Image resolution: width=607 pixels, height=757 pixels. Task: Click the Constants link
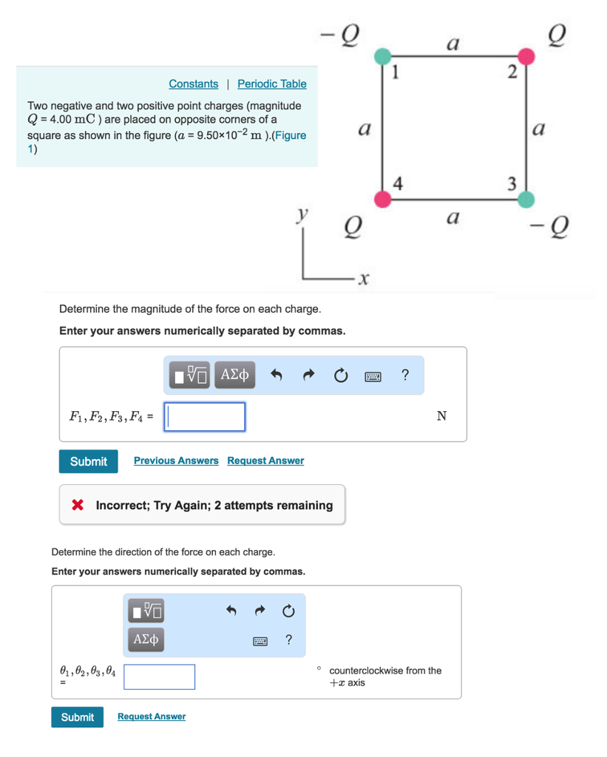point(193,84)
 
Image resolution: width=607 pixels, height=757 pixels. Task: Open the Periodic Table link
point(271,84)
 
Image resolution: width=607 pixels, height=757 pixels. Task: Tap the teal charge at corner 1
point(382,57)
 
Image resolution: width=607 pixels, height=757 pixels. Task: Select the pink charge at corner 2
point(526,57)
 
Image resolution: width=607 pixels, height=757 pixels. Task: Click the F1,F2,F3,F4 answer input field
point(205,417)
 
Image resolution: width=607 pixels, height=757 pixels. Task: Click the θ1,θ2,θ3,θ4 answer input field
point(160,676)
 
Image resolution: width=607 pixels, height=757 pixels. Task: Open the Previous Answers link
point(176,461)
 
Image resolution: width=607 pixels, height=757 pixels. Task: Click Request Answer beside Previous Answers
point(265,461)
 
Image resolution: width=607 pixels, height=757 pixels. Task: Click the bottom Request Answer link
point(152,716)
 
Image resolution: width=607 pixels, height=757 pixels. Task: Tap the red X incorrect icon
point(77,506)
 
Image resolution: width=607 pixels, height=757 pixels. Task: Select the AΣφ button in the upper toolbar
point(236,376)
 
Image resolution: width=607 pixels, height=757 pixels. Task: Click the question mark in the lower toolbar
point(288,639)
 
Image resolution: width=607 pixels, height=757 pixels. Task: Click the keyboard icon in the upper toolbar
point(373,376)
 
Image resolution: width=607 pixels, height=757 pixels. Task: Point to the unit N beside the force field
point(441,416)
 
